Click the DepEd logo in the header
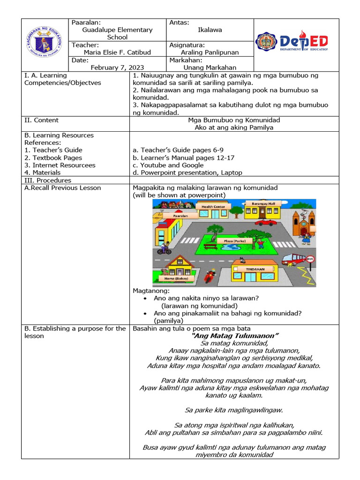[292, 41]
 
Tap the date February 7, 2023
[117, 67]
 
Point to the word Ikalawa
[210, 30]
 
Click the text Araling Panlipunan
[210, 52]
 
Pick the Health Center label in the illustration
[213, 206]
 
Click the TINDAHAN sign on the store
[255, 270]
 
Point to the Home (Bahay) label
[176, 278]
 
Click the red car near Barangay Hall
[264, 223]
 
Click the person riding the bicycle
[164, 248]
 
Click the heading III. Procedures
[48, 180]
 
